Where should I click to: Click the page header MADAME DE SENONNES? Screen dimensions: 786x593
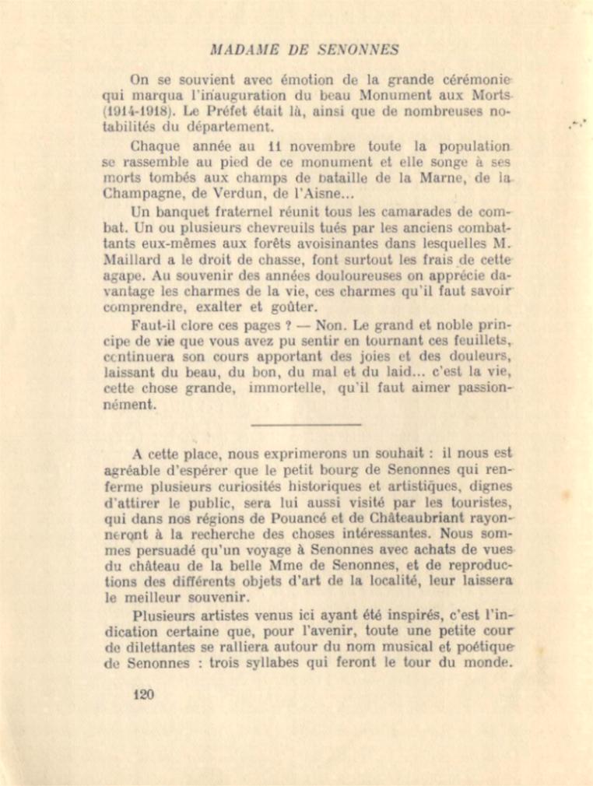click(x=305, y=50)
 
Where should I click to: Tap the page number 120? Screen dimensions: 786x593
click(x=143, y=695)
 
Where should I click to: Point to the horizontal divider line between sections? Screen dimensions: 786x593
click(x=307, y=424)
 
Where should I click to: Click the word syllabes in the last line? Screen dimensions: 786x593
click(x=300, y=663)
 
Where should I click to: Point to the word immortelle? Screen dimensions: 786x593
click(x=284, y=388)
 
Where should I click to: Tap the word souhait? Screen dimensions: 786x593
click(x=395, y=452)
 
